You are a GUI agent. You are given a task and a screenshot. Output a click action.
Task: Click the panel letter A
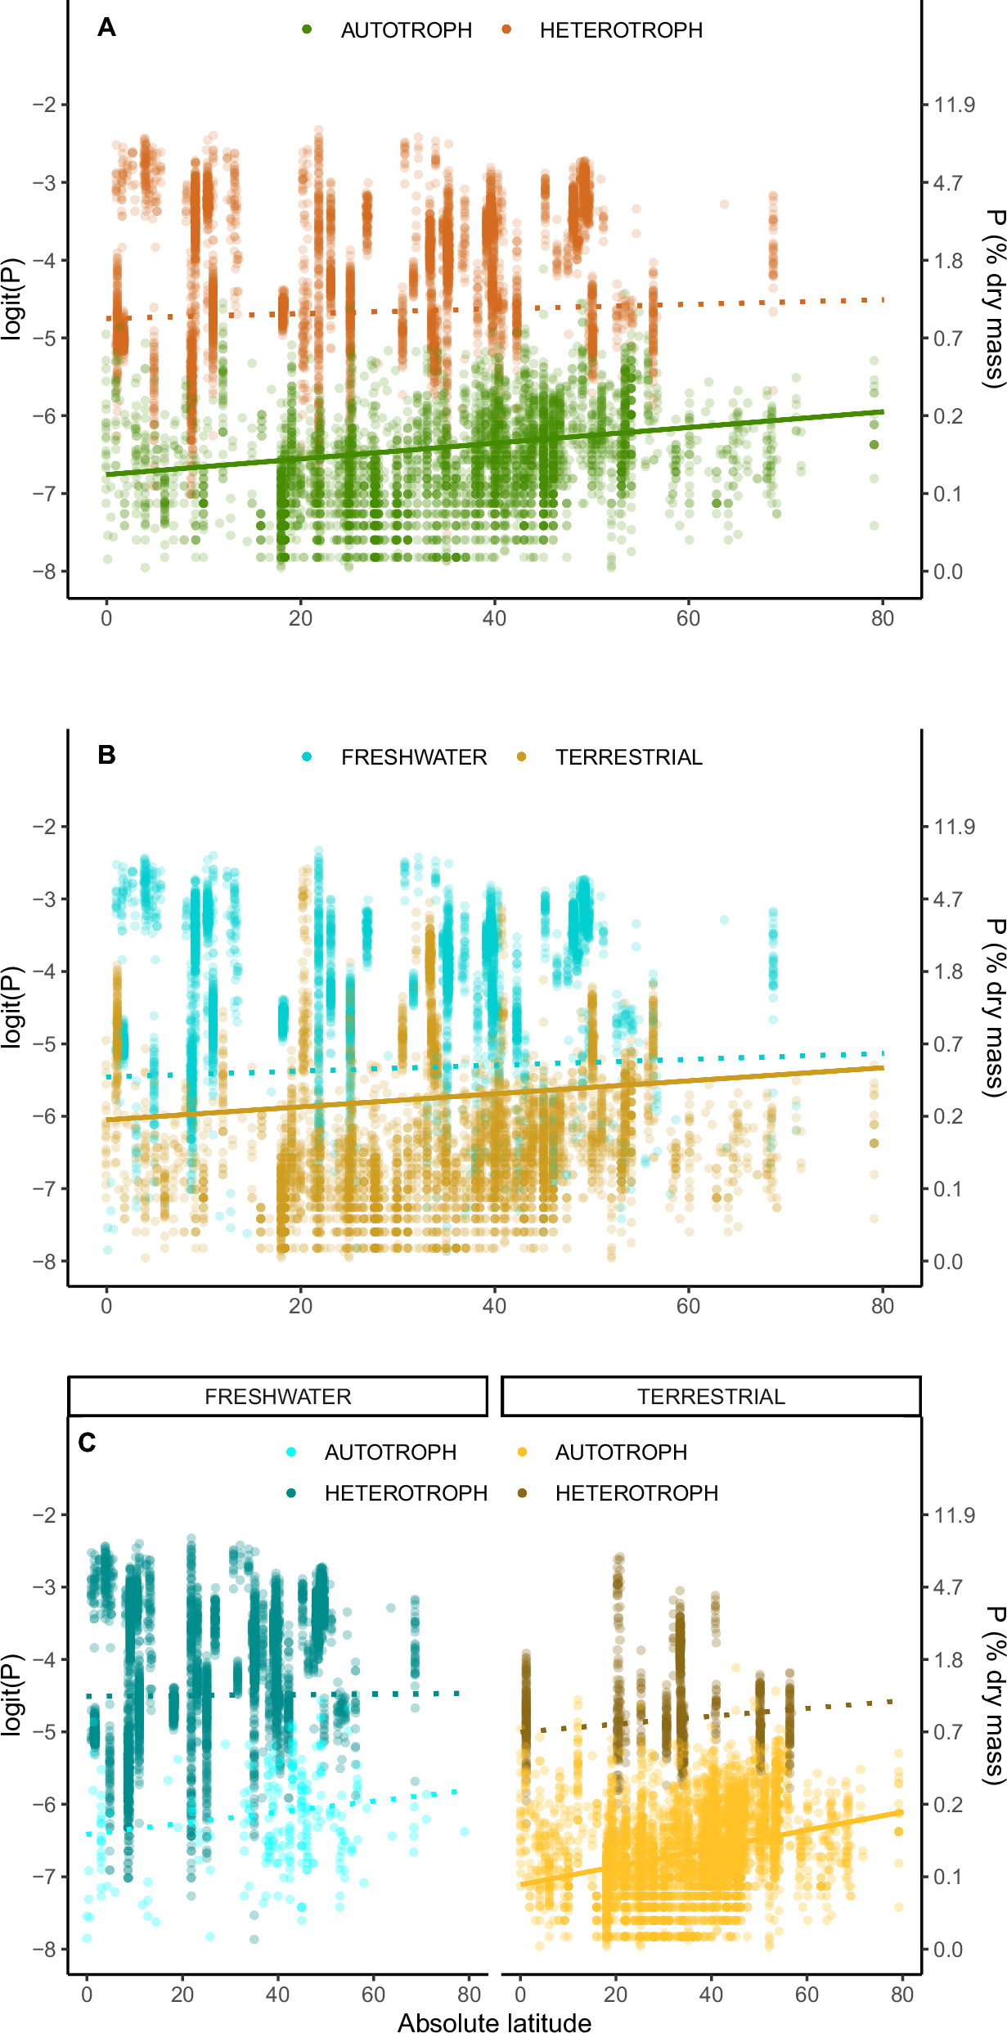coord(106,28)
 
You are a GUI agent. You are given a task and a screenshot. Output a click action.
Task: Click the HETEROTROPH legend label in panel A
coord(621,30)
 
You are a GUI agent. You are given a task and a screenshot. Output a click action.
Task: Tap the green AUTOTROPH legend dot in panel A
coord(307,29)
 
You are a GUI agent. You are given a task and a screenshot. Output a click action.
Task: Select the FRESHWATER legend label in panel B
coord(414,757)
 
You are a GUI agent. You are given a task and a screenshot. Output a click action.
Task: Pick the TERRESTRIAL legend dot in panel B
coord(522,756)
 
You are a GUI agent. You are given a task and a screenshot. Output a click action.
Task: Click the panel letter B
coord(106,755)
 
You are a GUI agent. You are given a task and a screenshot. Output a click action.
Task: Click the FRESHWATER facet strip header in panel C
coord(278,1396)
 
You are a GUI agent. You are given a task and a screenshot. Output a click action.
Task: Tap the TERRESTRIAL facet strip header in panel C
coord(711,1396)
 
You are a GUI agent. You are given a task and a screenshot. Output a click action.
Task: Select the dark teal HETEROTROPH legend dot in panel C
coord(291,1492)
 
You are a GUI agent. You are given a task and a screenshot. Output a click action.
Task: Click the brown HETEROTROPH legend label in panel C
coord(636,1493)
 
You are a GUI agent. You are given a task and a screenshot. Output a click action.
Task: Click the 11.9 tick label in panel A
coord(954,105)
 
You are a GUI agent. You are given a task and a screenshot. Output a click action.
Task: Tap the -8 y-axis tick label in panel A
coord(44,572)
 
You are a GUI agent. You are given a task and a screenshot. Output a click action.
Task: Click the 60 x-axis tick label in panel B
coord(688,1306)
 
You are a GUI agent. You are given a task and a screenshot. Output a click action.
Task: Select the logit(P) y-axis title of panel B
coord(11,1007)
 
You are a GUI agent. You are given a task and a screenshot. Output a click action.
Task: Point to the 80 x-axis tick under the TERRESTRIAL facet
coord(901,1994)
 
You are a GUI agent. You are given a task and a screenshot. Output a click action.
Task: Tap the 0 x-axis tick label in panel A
coord(106,618)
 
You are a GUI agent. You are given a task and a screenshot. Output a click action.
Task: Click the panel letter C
coord(88,1443)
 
